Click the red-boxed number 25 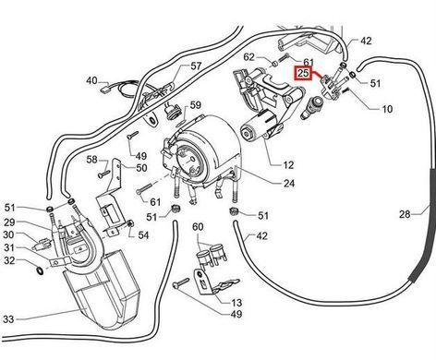303,73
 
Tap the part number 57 196,66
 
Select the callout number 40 91,80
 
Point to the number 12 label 288,165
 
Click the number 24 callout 289,184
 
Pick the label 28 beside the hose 405,213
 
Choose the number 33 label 8,319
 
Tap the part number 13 236,303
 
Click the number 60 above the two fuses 198,227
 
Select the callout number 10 387,109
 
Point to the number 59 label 196,105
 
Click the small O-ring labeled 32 40,270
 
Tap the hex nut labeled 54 130,223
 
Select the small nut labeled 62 275,64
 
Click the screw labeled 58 104,174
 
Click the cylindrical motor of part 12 257,127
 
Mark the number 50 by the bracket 141,168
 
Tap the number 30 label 8,234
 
